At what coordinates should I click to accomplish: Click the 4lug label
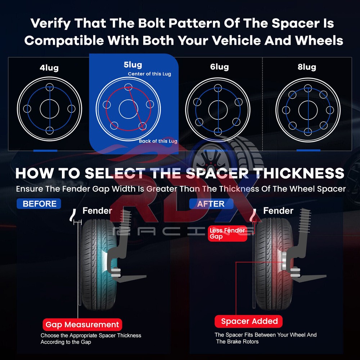click(x=49, y=68)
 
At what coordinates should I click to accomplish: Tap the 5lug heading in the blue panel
click(x=133, y=65)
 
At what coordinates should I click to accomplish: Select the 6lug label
click(x=220, y=67)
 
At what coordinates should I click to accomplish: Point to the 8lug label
click(x=307, y=67)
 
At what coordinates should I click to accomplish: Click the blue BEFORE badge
click(x=39, y=204)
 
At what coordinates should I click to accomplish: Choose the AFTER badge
click(x=211, y=204)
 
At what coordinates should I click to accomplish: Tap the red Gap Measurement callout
click(x=82, y=325)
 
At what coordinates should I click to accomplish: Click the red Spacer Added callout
click(x=249, y=321)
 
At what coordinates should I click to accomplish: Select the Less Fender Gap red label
click(x=227, y=233)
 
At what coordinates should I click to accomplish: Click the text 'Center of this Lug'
click(x=149, y=74)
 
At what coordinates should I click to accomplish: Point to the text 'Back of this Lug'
click(x=158, y=141)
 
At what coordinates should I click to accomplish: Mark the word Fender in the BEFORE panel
click(x=97, y=211)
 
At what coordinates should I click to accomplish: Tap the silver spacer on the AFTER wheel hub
click(x=284, y=261)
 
